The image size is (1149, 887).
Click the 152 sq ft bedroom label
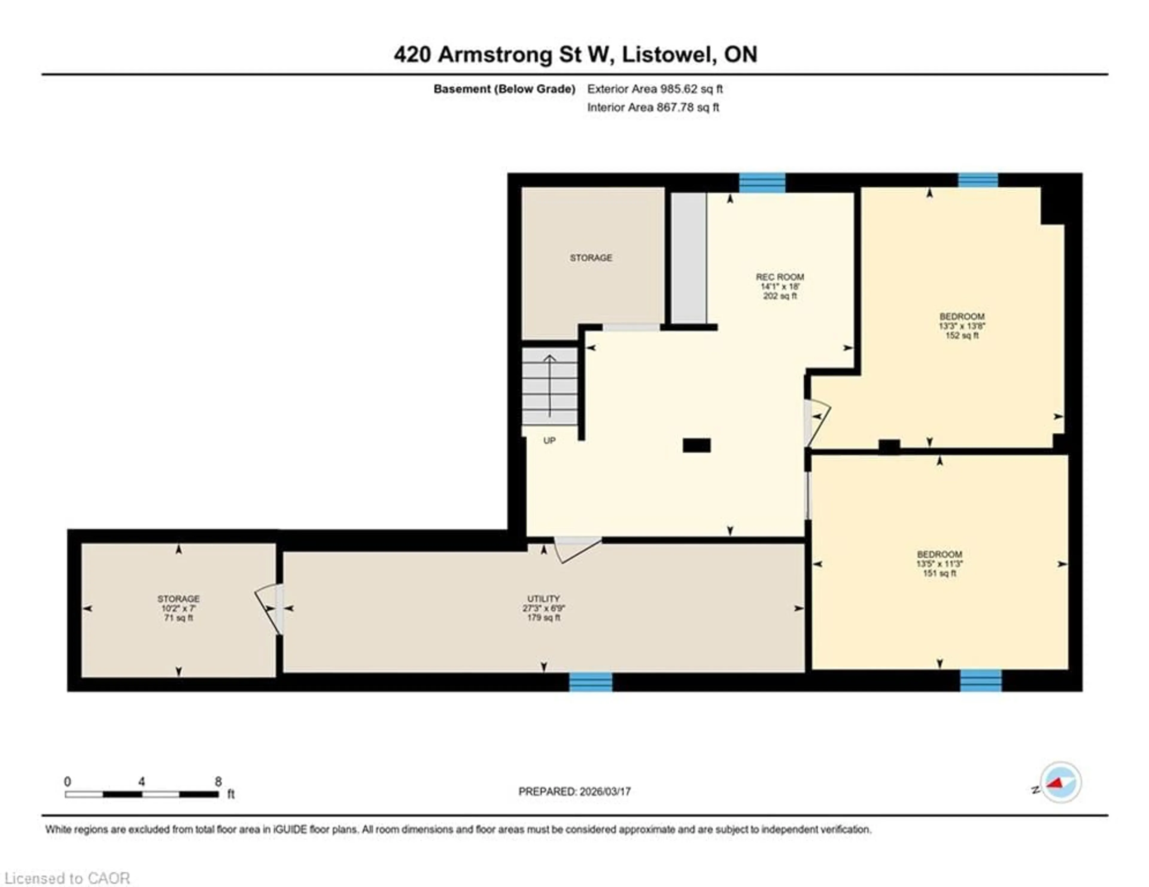[x=962, y=326]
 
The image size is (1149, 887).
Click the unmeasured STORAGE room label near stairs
[x=591, y=258]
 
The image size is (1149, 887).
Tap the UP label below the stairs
[x=549, y=440]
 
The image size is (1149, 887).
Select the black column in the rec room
[x=697, y=445]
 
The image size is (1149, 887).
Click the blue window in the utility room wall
[x=590, y=682]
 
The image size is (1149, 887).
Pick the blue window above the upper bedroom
[x=978, y=180]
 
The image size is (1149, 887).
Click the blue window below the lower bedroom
[x=981, y=681]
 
